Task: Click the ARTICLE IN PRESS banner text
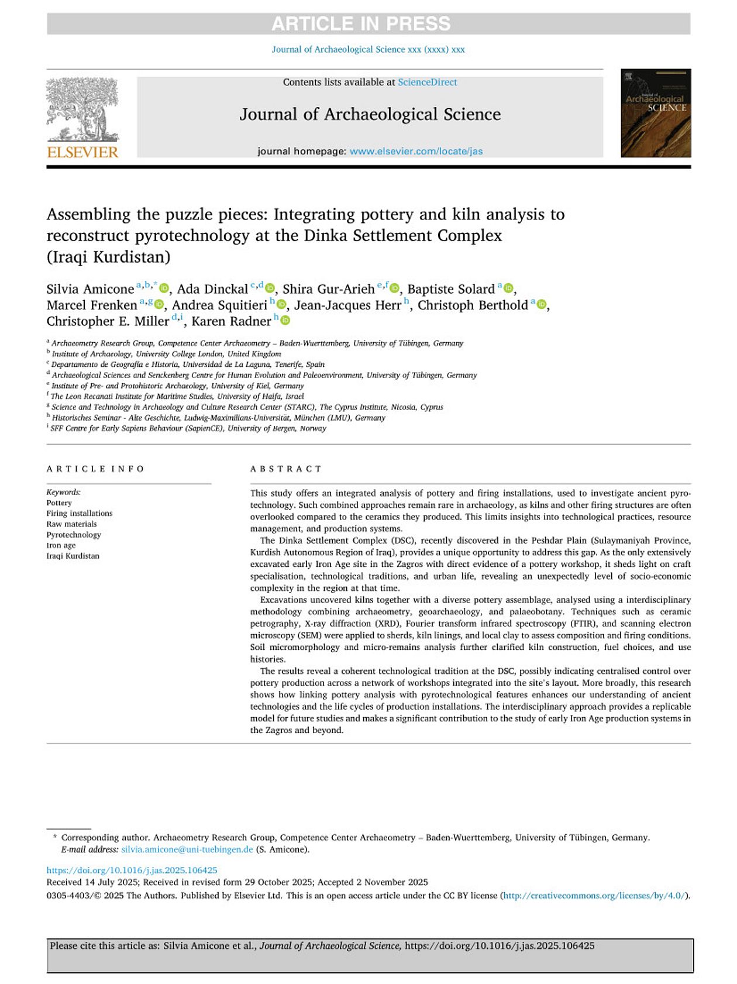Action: point(361,24)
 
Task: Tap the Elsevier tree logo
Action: point(82,109)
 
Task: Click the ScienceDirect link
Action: point(427,82)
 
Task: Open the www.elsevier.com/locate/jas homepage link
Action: point(416,151)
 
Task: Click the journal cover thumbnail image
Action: point(655,113)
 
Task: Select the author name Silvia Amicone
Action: point(90,289)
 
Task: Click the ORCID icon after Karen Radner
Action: point(285,321)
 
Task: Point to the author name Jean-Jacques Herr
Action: point(347,305)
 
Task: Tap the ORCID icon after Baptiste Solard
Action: point(508,289)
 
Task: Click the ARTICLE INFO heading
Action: point(95,469)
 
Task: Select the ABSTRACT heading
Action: point(285,469)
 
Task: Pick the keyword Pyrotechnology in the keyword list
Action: point(74,535)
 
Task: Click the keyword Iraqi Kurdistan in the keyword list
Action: point(73,556)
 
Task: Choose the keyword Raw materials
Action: point(71,524)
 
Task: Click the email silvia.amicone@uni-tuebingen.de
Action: point(187,849)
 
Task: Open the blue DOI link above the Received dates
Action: point(132,870)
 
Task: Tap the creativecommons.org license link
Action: point(594,896)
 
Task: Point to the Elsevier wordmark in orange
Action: point(82,153)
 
